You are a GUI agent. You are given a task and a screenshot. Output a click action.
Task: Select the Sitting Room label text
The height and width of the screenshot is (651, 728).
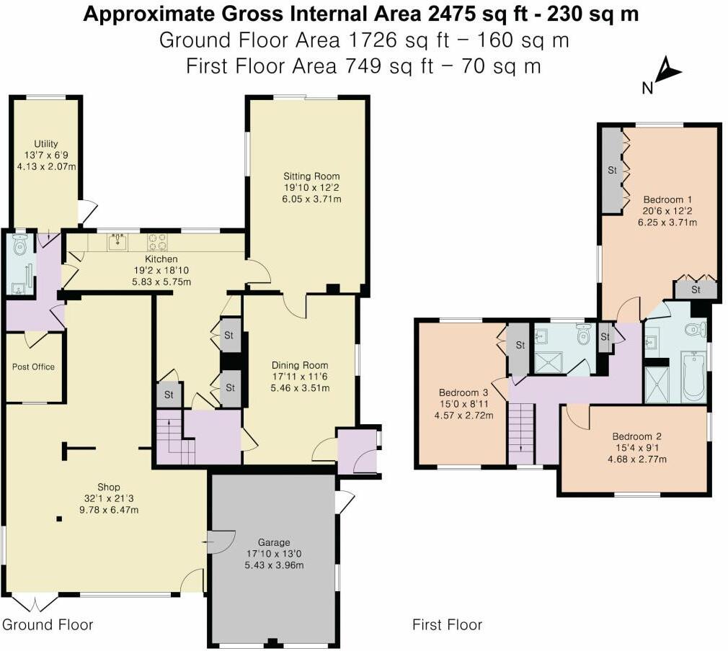pos(311,176)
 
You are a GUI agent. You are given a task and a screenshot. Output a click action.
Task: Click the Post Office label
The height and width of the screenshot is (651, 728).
pos(33,367)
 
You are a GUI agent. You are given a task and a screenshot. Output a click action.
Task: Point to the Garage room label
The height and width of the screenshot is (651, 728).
pos(273,542)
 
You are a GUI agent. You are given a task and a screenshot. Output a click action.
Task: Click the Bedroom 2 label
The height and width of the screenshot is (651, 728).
pos(636,436)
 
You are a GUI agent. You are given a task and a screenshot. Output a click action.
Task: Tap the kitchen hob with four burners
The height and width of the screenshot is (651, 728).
pos(157,241)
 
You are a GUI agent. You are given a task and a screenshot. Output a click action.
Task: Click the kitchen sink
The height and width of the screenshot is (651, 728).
pos(117,241)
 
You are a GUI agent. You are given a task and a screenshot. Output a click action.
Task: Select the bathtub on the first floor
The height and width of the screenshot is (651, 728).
pos(693,376)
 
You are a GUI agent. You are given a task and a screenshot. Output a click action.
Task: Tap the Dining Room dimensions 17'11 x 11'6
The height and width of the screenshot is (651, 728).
pos(299,377)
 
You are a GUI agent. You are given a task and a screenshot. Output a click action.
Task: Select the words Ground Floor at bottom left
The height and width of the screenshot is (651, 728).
pos(48,624)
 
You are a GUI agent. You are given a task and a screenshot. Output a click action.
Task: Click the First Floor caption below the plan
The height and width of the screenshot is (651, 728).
pos(447,624)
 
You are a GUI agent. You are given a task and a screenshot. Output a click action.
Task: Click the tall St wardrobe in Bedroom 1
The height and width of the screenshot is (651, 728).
pos(612,171)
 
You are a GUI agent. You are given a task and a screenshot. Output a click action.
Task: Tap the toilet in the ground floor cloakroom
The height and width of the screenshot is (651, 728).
pos(20,247)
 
